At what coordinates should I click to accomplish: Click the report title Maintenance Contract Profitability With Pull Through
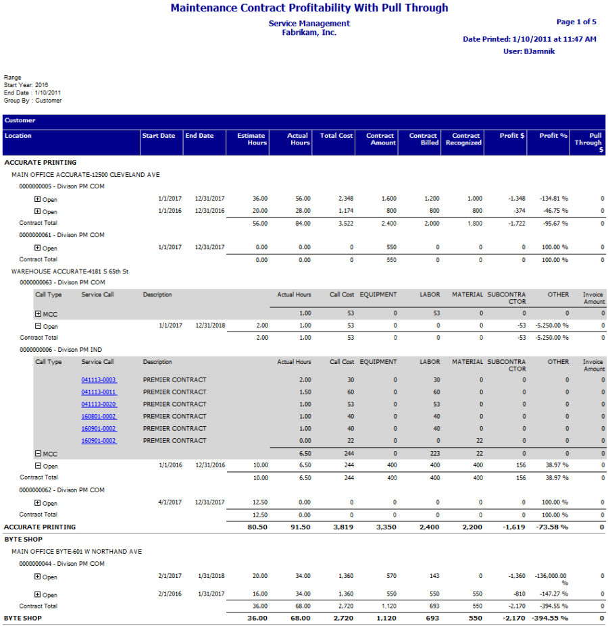309,8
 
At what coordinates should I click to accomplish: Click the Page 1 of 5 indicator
576,22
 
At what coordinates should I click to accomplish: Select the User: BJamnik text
529,51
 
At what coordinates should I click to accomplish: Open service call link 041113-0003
99,380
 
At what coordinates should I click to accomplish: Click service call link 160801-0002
99,416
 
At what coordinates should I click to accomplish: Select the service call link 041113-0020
99,404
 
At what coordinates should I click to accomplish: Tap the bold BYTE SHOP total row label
22,618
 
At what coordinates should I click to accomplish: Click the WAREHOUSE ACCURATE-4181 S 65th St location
70,271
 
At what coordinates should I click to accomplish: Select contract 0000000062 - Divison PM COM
62,490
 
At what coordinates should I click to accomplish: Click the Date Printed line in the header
529,39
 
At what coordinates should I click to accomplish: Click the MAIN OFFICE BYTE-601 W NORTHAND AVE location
76,552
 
